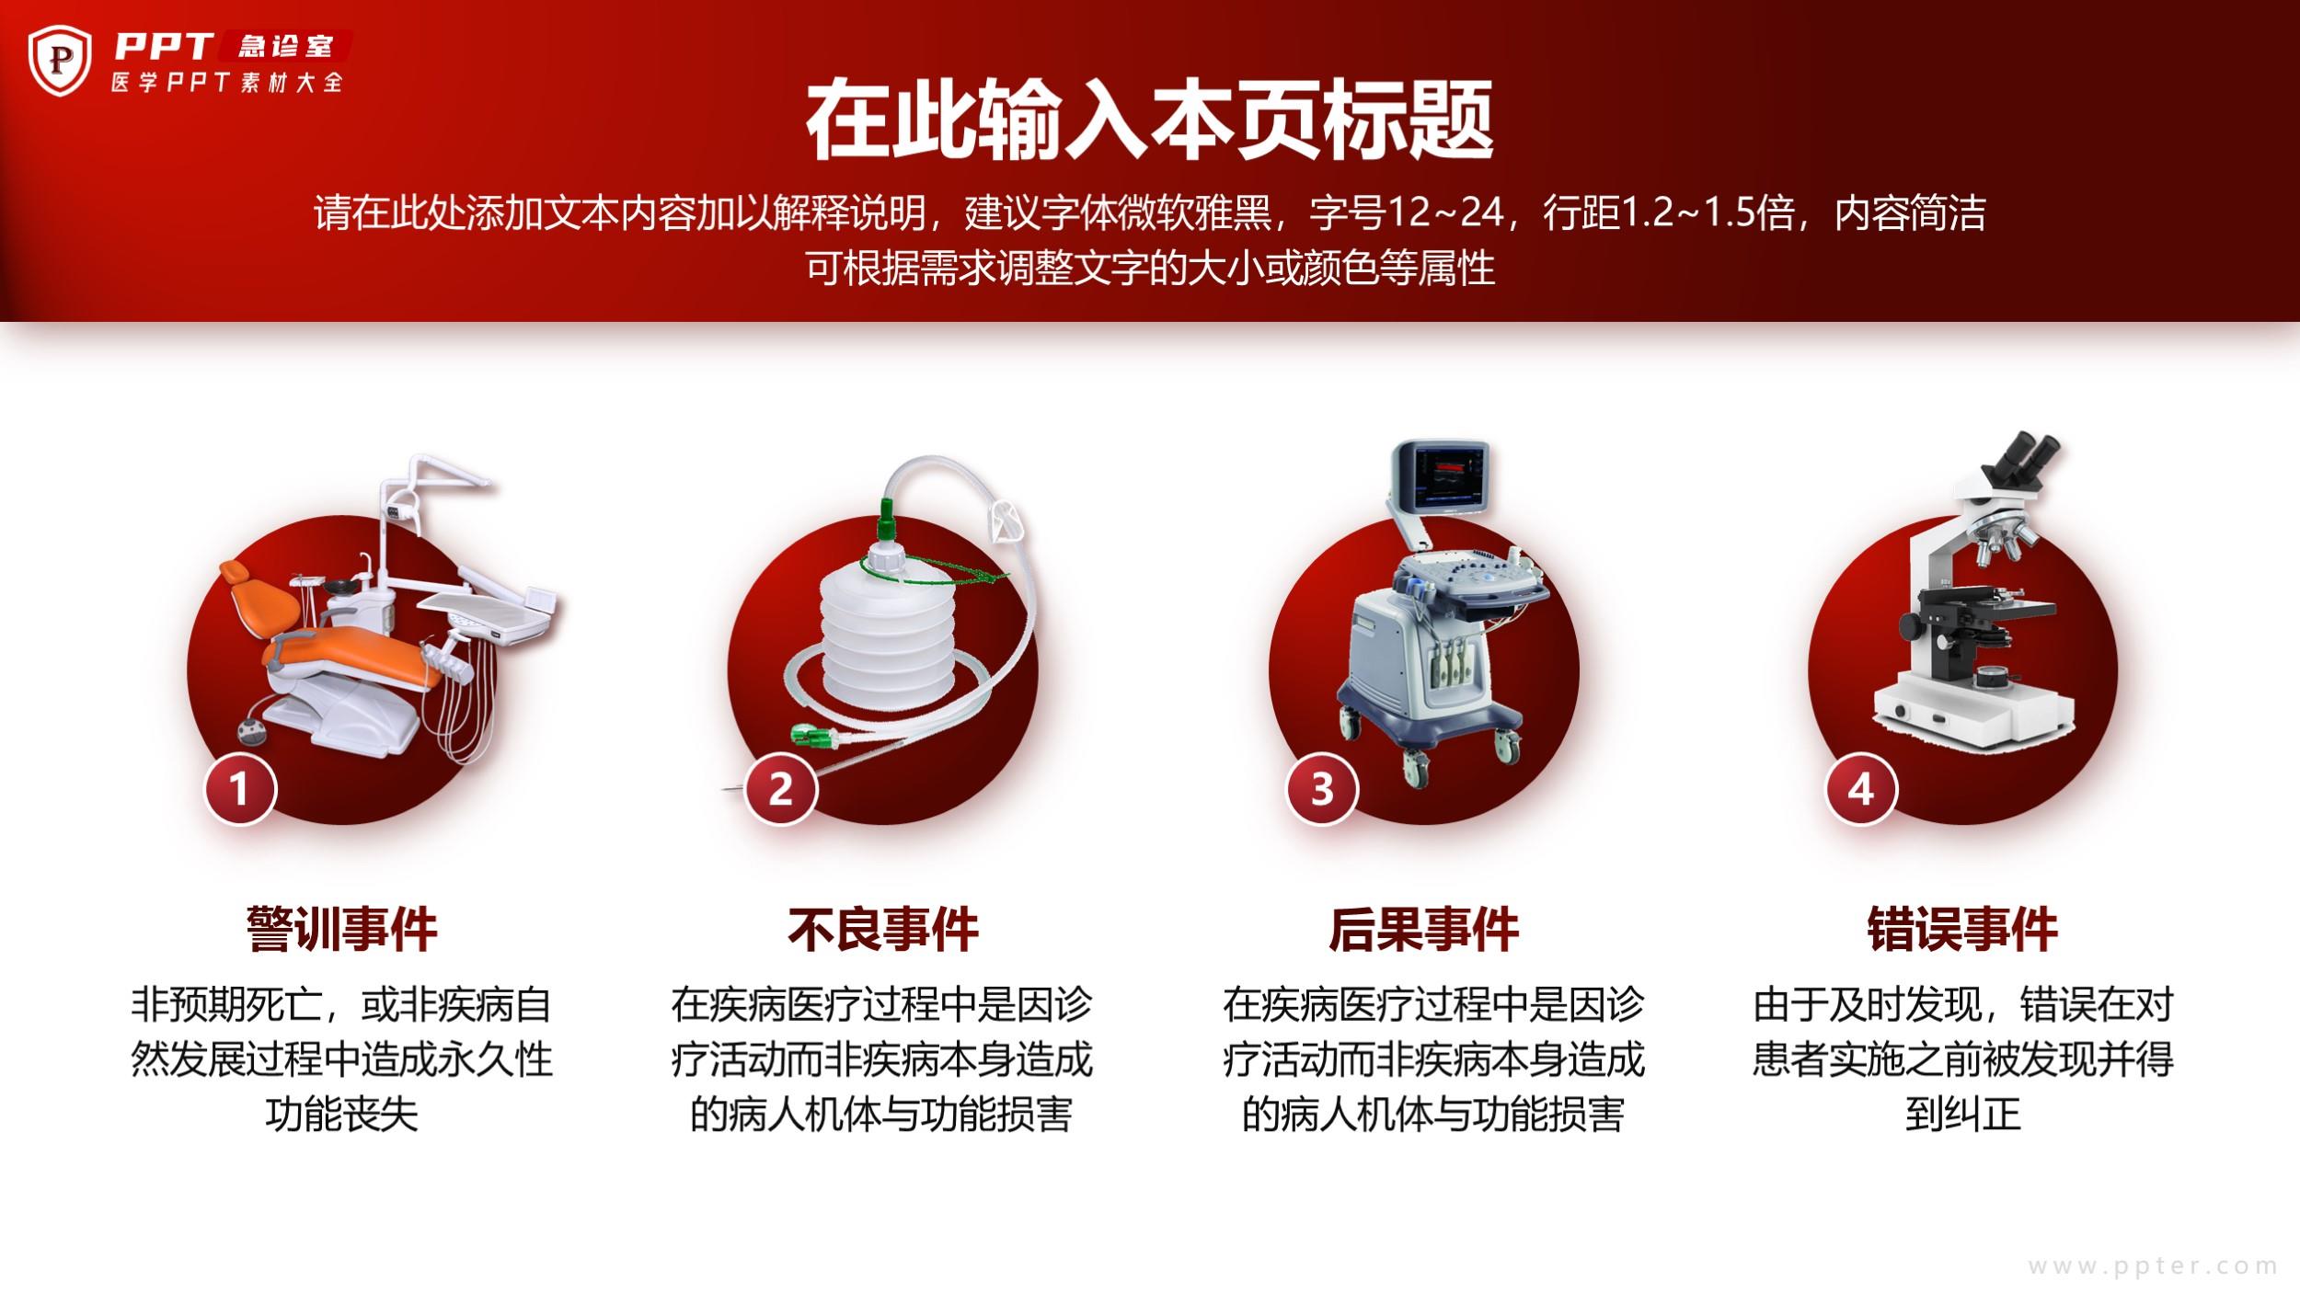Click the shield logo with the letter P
[60, 60]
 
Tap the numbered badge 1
[239, 789]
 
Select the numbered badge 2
[780, 789]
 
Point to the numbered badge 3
[1321, 789]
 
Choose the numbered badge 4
[1861, 789]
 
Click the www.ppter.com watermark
[2153, 1266]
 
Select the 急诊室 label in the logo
[284, 46]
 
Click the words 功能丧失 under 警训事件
[341, 1115]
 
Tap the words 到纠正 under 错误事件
[1963, 1115]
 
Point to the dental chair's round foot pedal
[251, 732]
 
